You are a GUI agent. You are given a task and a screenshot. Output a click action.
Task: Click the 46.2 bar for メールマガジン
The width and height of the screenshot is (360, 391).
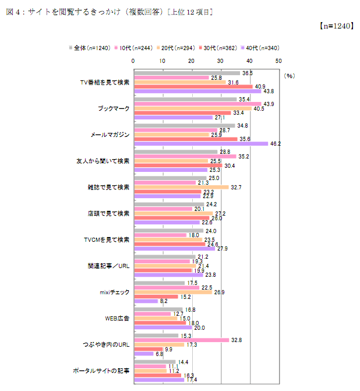[201, 143]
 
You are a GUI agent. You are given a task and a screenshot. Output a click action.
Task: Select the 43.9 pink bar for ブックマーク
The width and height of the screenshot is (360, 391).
[197, 104]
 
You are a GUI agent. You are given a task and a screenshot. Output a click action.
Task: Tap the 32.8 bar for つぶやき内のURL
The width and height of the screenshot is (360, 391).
[182, 340]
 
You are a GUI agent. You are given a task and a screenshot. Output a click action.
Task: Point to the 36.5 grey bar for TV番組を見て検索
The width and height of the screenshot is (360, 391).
[187, 73]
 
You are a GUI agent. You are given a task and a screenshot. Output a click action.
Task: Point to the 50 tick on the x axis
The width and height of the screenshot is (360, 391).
[278, 60]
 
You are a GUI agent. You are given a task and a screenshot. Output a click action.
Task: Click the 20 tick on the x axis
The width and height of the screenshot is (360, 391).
[192, 60]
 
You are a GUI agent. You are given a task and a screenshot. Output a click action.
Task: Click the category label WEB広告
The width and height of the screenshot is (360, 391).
[116, 319]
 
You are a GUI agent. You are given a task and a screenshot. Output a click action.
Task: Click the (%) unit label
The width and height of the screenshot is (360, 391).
[290, 76]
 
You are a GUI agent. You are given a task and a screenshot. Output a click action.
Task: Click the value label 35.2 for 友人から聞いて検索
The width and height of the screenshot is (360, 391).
[228, 156]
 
